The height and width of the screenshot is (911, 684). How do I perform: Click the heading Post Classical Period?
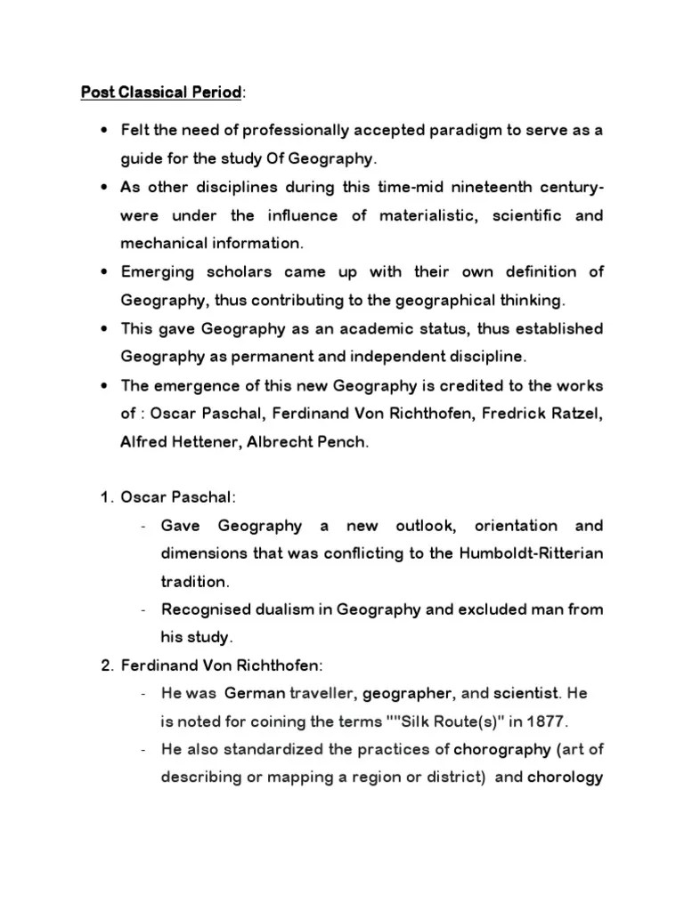click(161, 92)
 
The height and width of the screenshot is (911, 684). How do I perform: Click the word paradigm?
click(442, 131)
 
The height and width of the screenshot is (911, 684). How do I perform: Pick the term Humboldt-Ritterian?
click(532, 553)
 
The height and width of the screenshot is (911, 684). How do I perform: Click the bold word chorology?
click(566, 777)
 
